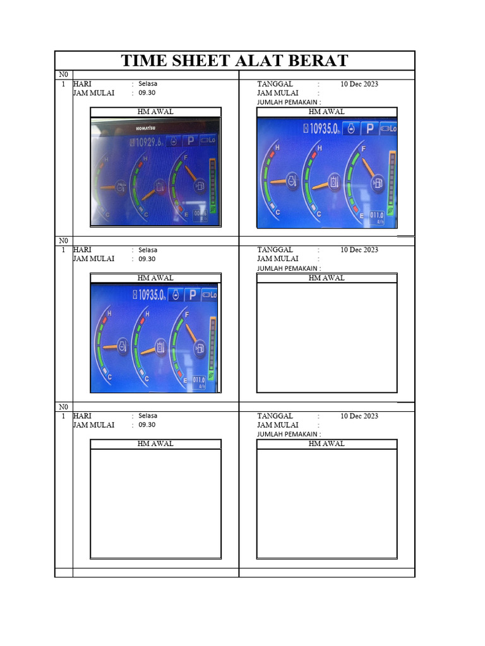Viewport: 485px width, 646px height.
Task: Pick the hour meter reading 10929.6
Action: pos(147,142)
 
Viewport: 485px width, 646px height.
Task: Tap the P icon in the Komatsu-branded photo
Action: pos(189,141)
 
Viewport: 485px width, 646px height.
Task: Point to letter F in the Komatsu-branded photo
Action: pos(186,156)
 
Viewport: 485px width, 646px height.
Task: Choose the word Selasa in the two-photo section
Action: pos(148,83)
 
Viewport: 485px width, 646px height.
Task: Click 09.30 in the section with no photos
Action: pos(147,425)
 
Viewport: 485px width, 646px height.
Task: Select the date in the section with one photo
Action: pos(359,250)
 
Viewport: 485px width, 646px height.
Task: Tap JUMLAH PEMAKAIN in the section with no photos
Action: pos(287,434)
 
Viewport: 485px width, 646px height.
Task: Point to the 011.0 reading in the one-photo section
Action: pos(199,380)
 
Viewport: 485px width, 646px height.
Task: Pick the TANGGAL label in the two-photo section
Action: pos(275,83)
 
